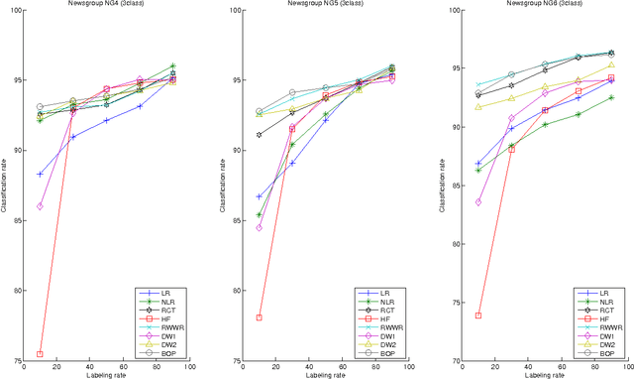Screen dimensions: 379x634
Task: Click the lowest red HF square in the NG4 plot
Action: click(x=40, y=353)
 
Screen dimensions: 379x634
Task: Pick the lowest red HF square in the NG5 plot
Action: click(x=259, y=317)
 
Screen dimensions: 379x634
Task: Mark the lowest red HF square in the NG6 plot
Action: click(x=478, y=316)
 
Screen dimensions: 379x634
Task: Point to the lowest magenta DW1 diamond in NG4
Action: click(x=40, y=205)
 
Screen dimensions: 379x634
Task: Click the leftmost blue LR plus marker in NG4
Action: click(x=40, y=174)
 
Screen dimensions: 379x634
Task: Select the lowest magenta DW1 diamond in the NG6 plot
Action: click(x=478, y=201)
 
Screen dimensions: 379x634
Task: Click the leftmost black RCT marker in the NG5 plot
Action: click(x=259, y=135)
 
